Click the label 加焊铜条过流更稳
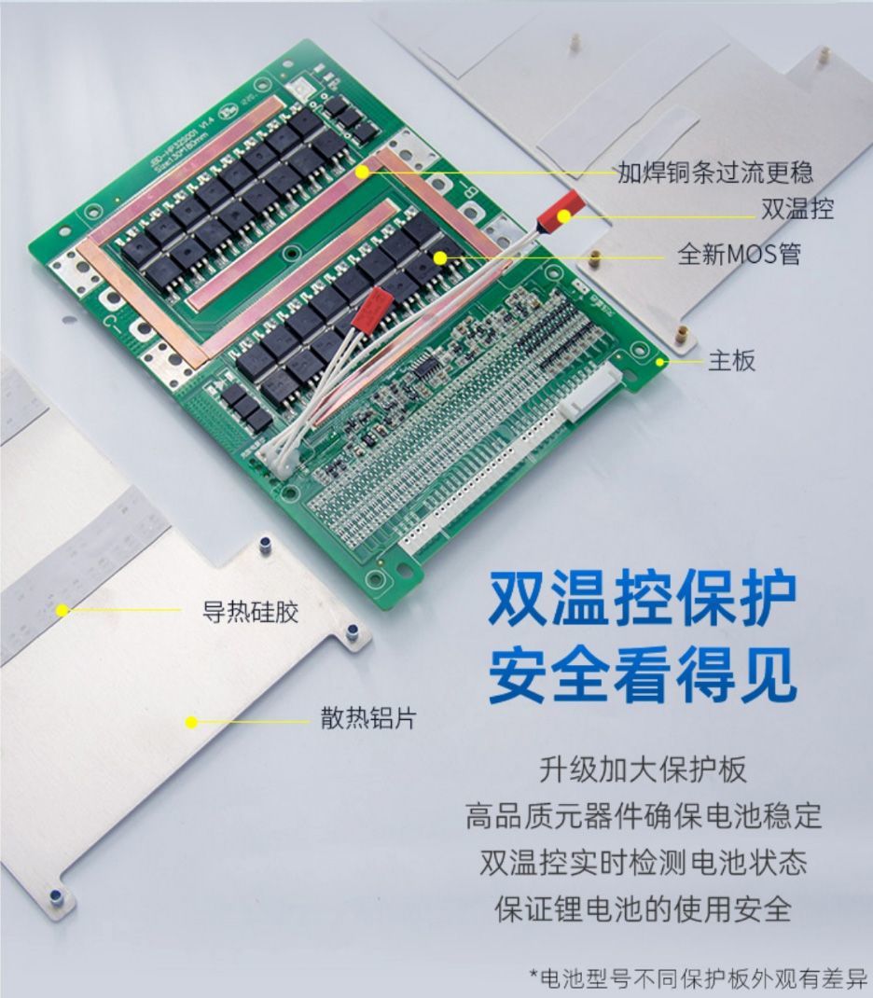tap(714, 172)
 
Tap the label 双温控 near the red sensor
tap(797, 209)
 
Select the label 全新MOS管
tap(739, 254)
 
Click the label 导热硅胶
tap(250, 612)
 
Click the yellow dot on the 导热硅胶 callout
tap(62, 611)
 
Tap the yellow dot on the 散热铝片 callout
tap(191, 721)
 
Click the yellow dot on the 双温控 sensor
tap(564, 217)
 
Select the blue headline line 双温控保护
tap(643, 599)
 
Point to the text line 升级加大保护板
tap(643, 769)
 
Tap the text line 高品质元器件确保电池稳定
tap(643, 814)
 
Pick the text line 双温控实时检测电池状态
tap(643, 861)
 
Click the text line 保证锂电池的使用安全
tap(643, 908)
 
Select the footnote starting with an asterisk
tap(699, 977)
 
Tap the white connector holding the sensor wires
tap(278, 455)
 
